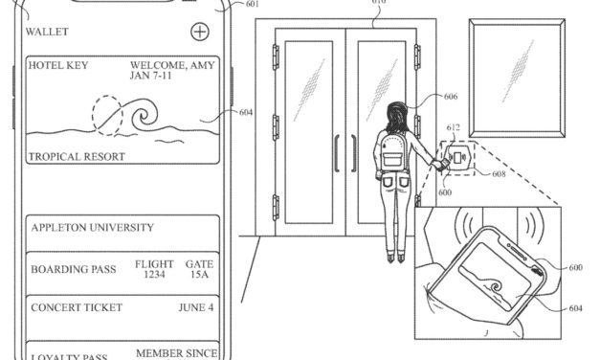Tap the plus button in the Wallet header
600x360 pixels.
(x=199, y=32)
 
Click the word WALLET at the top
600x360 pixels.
(x=47, y=33)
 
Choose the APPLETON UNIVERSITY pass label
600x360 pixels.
(x=92, y=229)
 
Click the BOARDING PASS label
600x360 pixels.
(x=74, y=269)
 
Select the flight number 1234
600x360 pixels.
(x=153, y=276)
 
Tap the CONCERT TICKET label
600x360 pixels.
(x=77, y=308)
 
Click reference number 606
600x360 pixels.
(x=451, y=97)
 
